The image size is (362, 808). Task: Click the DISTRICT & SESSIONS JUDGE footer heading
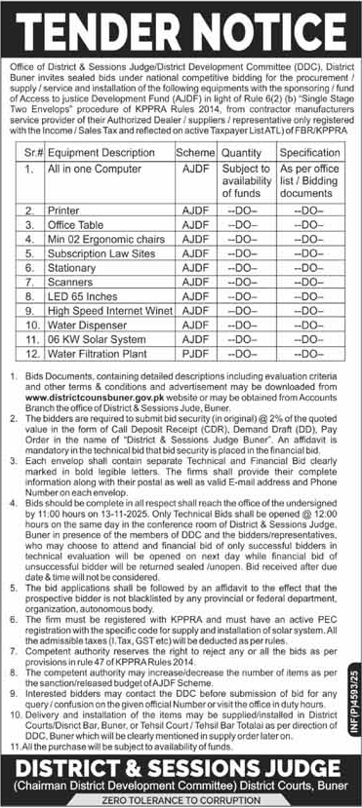coord(181,762)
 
